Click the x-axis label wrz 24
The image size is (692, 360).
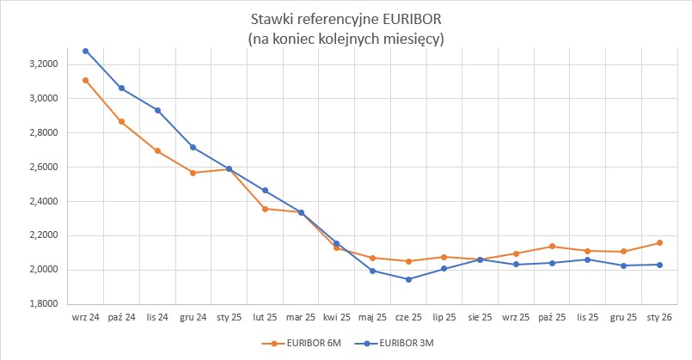coord(86,317)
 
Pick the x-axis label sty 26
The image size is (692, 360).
coord(658,317)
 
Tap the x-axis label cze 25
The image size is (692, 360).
coord(408,317)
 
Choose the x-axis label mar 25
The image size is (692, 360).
coord(301,317)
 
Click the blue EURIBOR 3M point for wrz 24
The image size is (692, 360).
coord(86,51)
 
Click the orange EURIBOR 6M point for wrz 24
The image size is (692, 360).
coord(86,80)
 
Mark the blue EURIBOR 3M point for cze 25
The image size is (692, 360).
coord(408,279)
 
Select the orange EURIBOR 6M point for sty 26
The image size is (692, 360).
coord(659,242)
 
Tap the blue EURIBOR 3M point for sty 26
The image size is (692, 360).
coord(659,265)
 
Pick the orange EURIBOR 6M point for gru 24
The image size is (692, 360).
coord(193,173)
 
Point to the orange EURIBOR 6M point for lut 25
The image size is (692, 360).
coord(265,209)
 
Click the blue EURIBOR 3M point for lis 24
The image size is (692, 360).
coord(157,110)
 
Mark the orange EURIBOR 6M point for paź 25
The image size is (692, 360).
coord(552,247)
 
